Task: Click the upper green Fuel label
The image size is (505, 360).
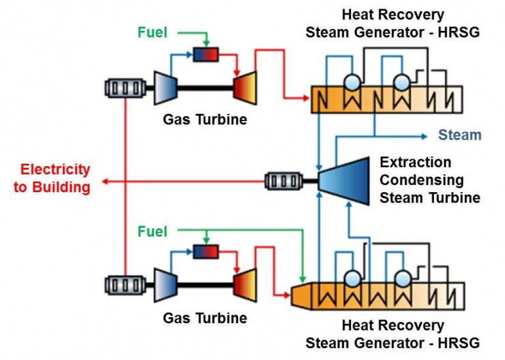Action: click(x=153, y=32)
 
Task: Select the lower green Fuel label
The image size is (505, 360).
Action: click(x=153, y=232)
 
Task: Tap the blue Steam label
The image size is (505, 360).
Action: click(x=460, y=136)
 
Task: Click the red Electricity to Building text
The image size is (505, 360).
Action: click(x=52, y=178)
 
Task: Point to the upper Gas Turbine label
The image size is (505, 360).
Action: click(x=196, y=119)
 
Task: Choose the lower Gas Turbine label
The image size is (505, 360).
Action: click(x=196, y=319)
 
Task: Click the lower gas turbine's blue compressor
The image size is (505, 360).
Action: click(x=162, y=285)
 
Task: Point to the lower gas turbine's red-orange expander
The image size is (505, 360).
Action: click(x=245, y=285)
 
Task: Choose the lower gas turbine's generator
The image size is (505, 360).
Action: click(x=124, y=285)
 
